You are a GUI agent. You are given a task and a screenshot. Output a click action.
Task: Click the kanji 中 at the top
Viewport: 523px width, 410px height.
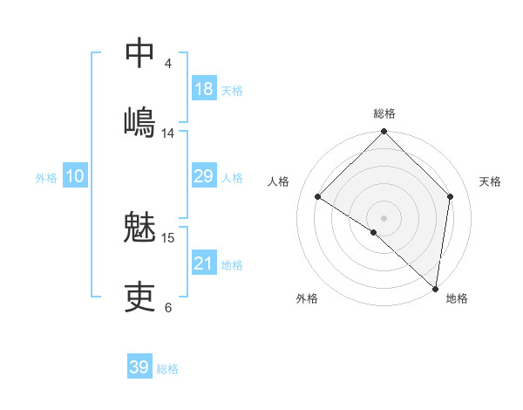pyautogui.click(x=140, y=52)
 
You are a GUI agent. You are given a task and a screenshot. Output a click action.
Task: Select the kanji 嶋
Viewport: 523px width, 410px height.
pyautogui.click(x=140, y=121)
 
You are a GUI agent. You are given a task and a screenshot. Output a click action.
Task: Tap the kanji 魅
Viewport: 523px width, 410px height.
pyautogui.click(x=140, y=229)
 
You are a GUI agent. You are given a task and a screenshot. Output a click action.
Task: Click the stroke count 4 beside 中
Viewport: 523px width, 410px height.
pyautogui.click(x=168, y=64)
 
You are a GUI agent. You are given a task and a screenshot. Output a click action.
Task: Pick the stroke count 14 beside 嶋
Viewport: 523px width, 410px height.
pyautogui.click(x=168, y=133)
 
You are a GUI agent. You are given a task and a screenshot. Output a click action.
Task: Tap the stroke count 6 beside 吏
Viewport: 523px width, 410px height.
pyautogui.click(x=168, y=307)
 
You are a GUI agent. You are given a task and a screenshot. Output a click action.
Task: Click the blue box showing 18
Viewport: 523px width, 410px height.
pyautogui.click(x=204, y=89)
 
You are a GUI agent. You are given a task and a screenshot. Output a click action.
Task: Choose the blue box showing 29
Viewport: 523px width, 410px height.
pyautogui.click(x=204, y=176)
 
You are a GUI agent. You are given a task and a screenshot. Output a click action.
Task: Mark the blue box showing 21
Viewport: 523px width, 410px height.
pyautogui.click(x=204, y=263)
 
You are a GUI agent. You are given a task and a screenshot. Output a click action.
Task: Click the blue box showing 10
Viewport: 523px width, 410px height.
pyautogui.click(x=75, y=176)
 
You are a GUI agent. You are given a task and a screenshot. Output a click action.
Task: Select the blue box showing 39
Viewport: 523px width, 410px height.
pyautogui.click(x=139, y=367)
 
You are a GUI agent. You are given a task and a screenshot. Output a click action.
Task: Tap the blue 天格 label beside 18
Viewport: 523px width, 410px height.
pyautogui.click(x=232, y=91)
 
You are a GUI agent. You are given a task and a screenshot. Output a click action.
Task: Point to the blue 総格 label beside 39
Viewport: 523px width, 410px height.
pyautogui.click(x=167, y=369)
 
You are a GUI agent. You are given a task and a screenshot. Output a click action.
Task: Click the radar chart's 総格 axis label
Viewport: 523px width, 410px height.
pyautogui.click(x=384, y=113)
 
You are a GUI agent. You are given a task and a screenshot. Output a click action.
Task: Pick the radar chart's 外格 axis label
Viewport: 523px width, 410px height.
pyautogui.click(x=307, y=298)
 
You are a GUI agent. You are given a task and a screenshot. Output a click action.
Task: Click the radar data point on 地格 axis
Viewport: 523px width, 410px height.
pyautogui.click(x=436, y=288)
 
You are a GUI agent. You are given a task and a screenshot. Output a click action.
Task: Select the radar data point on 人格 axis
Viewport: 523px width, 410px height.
pyautogui.click(x=318, y=197)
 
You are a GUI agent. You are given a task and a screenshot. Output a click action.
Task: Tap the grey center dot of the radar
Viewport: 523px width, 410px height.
pyautogui.click(x=384, y=217)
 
